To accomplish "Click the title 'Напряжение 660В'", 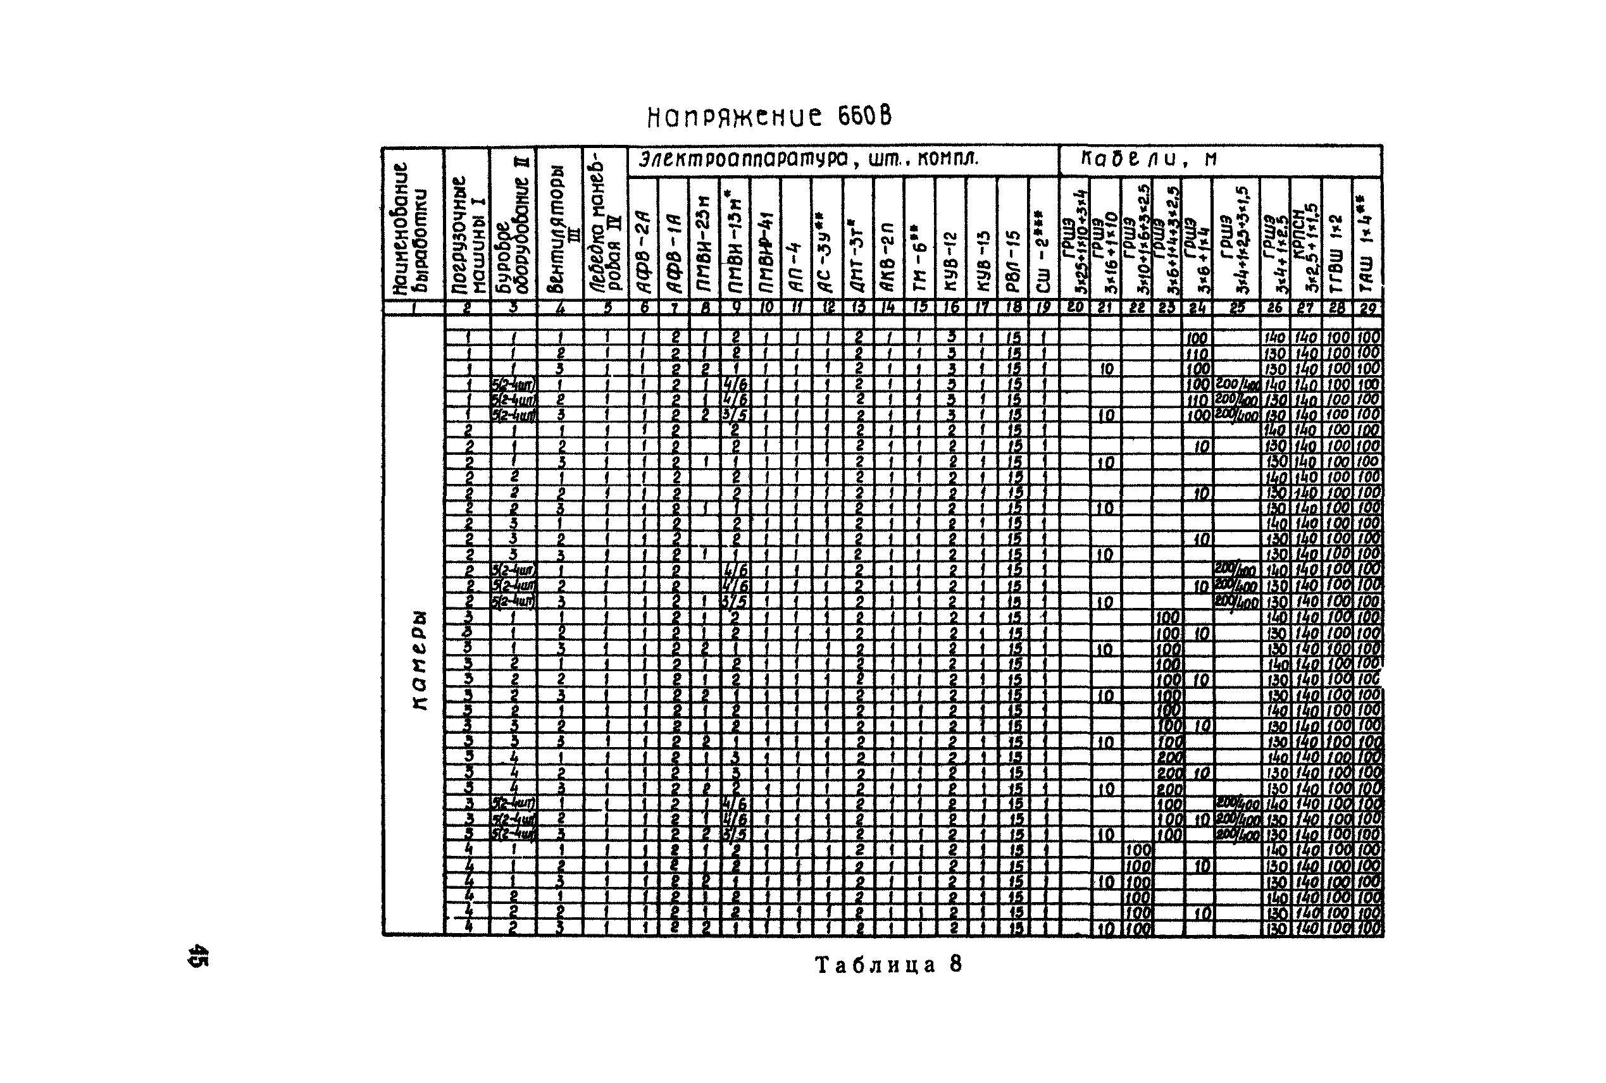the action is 768,117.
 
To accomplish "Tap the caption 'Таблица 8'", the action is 888,965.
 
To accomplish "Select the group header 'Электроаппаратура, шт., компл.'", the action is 808,160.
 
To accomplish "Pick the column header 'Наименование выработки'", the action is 413,228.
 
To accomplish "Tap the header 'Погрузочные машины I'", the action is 467,235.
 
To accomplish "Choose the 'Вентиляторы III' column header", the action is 559,235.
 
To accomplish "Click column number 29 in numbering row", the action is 1367,308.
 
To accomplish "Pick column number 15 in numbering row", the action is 919,308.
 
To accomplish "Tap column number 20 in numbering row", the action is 1074,308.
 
